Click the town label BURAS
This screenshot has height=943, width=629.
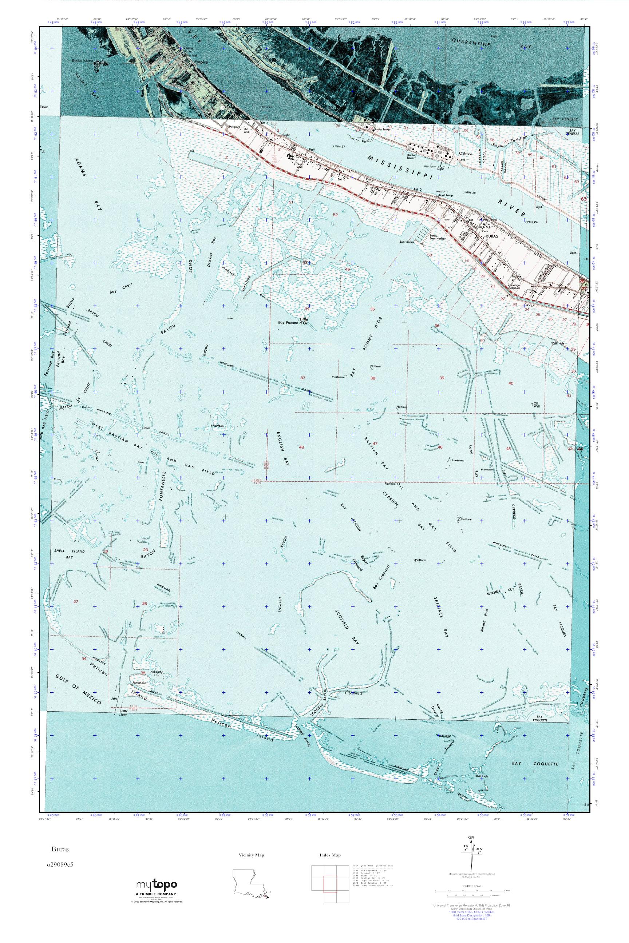tap(491, 237)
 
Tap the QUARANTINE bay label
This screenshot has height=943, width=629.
tap(471, 43)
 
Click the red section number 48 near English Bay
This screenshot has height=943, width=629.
tap(301, 447)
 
